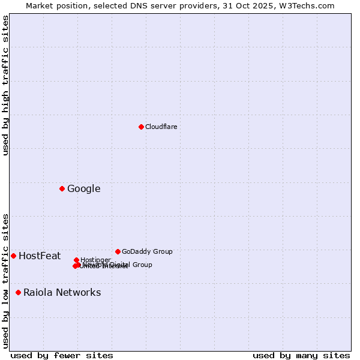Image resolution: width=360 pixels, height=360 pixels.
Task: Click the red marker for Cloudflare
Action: [141, 127]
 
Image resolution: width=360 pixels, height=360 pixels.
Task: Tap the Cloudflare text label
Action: [161, 127]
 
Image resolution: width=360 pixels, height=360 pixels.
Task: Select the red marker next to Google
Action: [62, 189]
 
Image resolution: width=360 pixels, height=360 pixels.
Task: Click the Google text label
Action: [83, 189]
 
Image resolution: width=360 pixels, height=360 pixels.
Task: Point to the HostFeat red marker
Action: [13, 256]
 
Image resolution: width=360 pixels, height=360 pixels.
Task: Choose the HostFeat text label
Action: [40, 256]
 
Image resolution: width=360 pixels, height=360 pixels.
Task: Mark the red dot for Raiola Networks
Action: [18, 293]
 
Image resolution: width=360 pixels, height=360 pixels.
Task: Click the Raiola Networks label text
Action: [62, 293]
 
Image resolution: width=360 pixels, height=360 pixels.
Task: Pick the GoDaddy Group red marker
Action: [118, 251]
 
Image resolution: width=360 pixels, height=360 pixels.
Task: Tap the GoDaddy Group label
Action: [147, 251]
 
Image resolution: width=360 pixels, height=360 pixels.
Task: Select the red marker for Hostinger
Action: [76, 260]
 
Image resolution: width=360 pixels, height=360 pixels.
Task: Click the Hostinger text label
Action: [95, 260]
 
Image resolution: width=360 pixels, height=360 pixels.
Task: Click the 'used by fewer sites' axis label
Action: [62, 355]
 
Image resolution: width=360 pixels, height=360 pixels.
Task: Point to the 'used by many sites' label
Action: [301, 355]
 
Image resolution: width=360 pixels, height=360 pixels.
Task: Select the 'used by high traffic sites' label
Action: [5, 85]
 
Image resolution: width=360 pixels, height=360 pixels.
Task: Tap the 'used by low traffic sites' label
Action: [5, 280]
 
